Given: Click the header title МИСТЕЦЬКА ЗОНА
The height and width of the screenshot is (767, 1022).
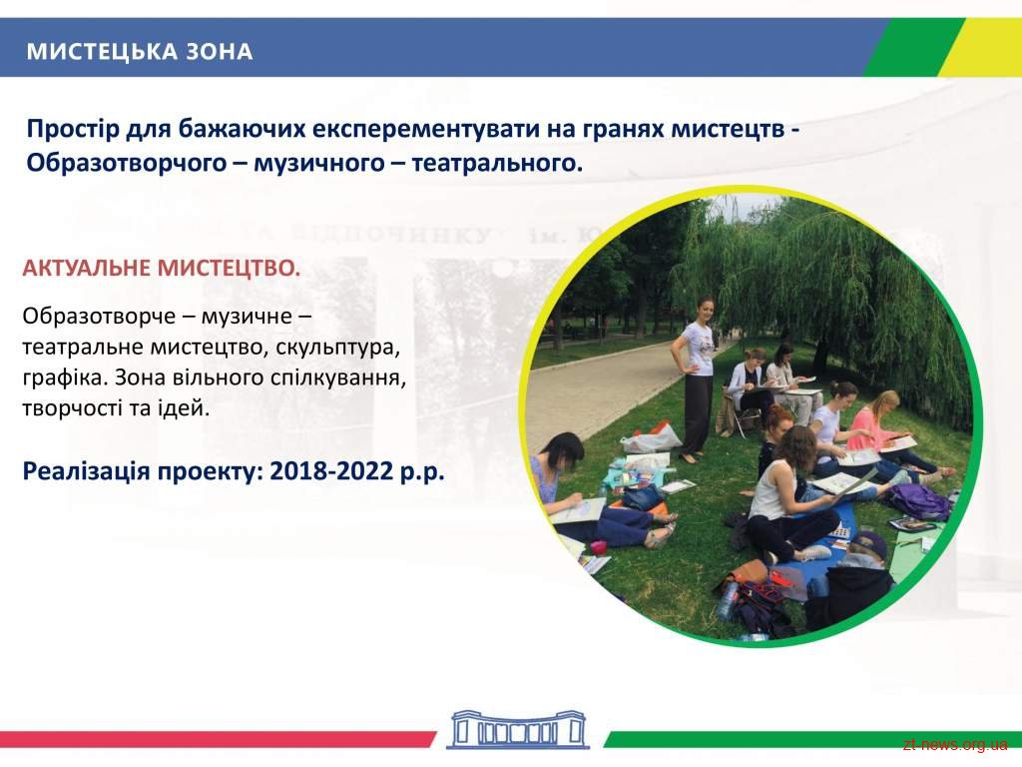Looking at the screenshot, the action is pyautogui.click(x=140, y=52).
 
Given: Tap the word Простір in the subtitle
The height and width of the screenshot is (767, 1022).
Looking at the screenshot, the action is pyautogui.click(x=73, y=129).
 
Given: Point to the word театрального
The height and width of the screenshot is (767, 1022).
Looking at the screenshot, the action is pyautogui.click(x=497, y=163).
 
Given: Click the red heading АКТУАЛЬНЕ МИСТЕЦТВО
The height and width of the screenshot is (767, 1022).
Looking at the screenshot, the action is pyautogui.click(x=162, y=268).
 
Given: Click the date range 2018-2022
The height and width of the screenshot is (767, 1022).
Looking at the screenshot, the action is pyautogui.click(x=331, y=470).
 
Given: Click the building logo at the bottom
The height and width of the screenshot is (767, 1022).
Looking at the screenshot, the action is pyautogui.click(x=518, y=729).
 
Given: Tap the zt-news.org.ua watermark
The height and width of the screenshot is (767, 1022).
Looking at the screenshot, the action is pyautogui.click(x=955, y=745).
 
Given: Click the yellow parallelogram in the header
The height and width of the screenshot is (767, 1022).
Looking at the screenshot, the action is pyautogui.click(x=979, y=48).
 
